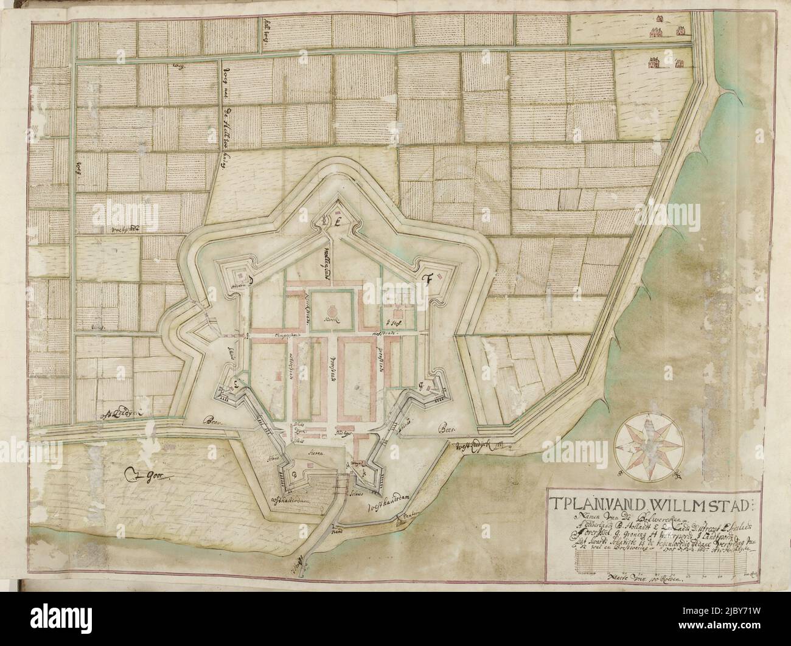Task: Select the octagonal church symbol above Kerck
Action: pyautogui.click(x=332, y=305)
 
